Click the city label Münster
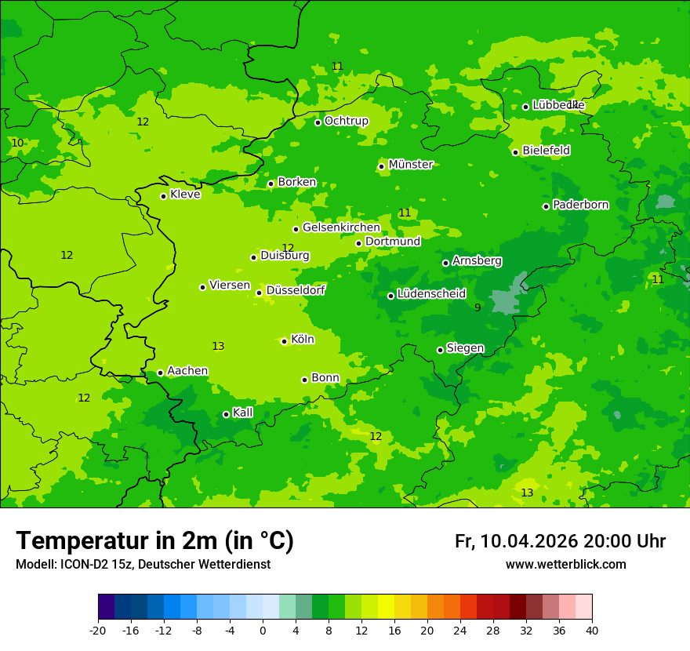point(411,165)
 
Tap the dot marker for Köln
point(284,341)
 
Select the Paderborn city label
point(580,205)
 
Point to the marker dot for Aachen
point(160,373)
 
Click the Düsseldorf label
point(296,290)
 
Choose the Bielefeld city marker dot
point(515,152)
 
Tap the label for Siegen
point(465,348)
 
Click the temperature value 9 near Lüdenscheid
point(478,308)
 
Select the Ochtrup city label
point(346,121)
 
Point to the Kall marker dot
point(226,414)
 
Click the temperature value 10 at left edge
point(17,143)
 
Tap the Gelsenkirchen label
point(341,227)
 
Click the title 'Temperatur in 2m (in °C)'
point(154,541)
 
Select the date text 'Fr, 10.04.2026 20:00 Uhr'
point(560,541)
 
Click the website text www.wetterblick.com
point(565,565)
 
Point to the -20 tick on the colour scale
point(98,631)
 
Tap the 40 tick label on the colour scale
point(592,631)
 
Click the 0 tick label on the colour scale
point(263,631)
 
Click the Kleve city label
point(185,195)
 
